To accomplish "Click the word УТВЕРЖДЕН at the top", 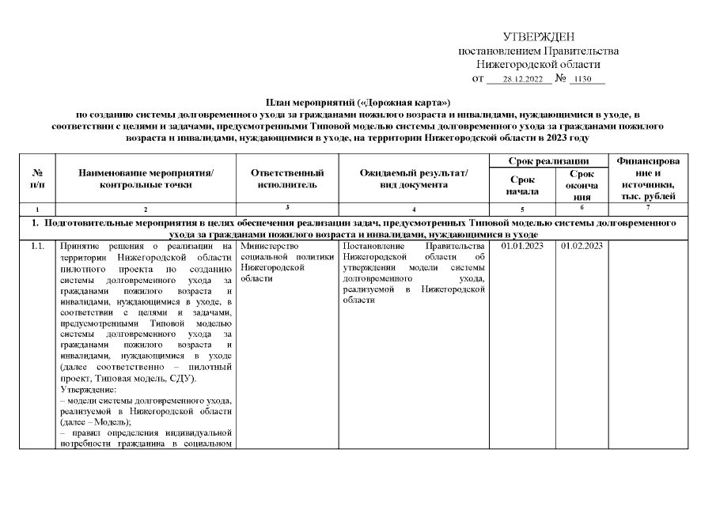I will (x=539, y=37).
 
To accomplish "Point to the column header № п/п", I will (x=37, y=179).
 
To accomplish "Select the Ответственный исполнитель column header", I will (x=288, y=179).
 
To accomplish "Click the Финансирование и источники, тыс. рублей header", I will (x=649, y=178).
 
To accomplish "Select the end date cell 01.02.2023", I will (x=582, y=246).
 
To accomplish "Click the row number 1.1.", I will (x=37, y=246).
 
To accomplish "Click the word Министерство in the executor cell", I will (x=268, y=246).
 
